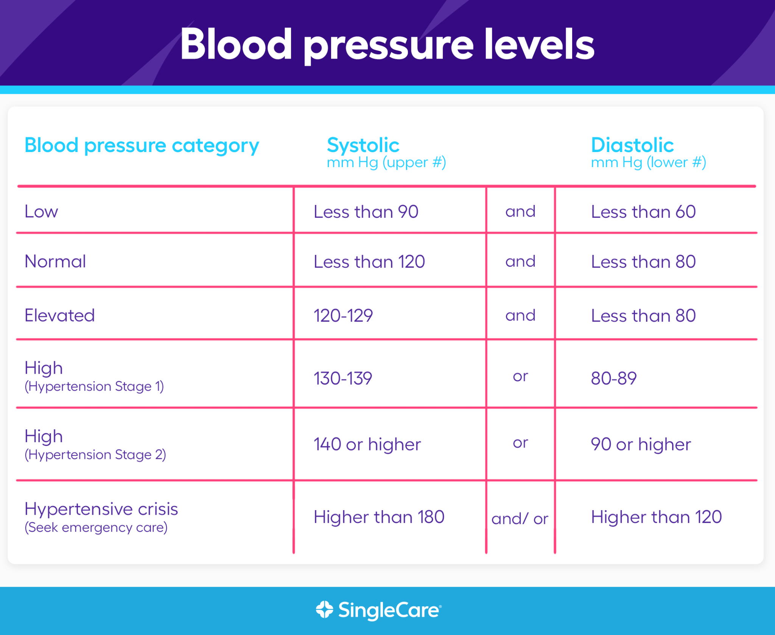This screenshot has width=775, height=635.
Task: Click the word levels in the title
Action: pyautogui.click(x=539, y=45)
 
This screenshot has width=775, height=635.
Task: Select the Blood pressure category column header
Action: pyautogui.click(x=142, y=145)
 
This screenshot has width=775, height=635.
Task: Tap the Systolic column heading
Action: pyautogui.click(x=363, y=145)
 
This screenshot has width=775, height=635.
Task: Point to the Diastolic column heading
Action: pyautogui.click(x=632, y=145)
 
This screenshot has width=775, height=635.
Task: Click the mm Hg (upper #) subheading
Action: pyautogui.click(x=386, y=163)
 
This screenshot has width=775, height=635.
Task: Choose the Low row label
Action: pyautogui.click(x=41, y=211)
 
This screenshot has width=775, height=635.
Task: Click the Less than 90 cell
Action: pyautogui.click(x=366, y=211)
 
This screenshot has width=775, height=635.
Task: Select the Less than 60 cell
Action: pyautogui.click(x=643, y=211)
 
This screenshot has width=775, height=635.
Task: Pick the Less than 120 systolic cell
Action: pyautogui.click(x=369, y=262)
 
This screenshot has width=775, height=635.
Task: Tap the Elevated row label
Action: pyautogui.click(x=59, y=315)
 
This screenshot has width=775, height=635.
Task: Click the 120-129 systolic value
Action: pyautogui.click(x=343, y=315)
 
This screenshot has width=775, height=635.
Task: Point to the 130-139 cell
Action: pyautogui.click(x=342, y=378)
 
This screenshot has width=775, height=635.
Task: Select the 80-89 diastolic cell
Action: pyautogui.click(x=613, y=378)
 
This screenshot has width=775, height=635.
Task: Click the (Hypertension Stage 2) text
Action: pyautogui.click(x=95, y=455)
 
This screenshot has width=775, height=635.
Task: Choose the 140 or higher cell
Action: pyautogui.click(x=367, y=444)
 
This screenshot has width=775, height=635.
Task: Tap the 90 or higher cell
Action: pyautogui.click(x=641, y=444)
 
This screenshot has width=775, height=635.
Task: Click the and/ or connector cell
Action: pyautogui.click(x=520, y=519)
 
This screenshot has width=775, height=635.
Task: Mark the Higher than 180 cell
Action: pyautogui.click(x=378, y=517)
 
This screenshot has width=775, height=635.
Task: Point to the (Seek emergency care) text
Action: pyautogui.click(x=96, y=528)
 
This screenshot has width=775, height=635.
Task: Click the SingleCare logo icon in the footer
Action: pyautogui.click(x=324, y=609)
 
